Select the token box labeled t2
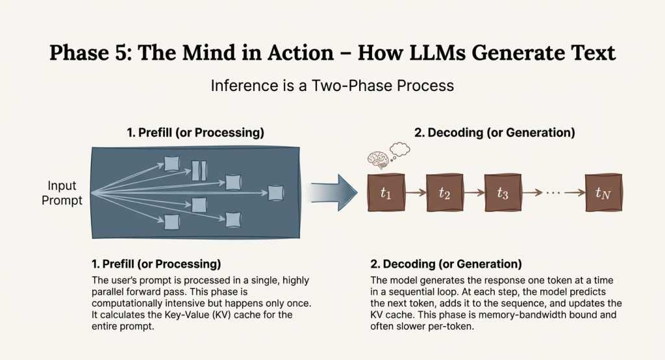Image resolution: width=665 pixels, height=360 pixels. point(445,192)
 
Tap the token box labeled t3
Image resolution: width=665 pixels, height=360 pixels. point(502,192)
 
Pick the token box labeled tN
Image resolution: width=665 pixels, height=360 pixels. point(603,192)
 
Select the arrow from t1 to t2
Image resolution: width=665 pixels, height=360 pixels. point(416,192)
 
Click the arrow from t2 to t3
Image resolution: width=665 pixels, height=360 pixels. point(473,192)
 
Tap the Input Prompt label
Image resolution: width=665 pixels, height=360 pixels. point(62,193)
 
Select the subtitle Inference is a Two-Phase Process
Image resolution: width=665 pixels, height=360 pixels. point(332,85)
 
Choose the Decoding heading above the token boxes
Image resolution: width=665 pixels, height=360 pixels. point(494,133)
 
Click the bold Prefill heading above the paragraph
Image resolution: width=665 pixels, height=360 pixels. point(156,264)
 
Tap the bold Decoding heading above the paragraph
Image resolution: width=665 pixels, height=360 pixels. point(446,264)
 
